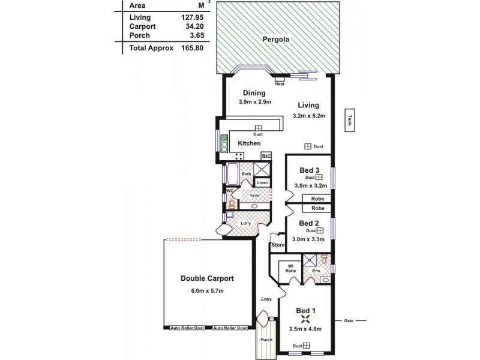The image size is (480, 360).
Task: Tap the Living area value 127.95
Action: click(x=194, y=17)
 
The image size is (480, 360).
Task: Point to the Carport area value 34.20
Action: click(x=194, y=26)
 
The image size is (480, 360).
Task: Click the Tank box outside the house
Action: click(x=349, y=119)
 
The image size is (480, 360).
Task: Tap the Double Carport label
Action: click(x=207, y=278)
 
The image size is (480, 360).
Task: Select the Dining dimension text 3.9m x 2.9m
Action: click(x=254, y=102)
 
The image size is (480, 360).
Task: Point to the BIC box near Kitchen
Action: click(x=267, y=156)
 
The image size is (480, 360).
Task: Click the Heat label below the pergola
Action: click(x=280, y=84)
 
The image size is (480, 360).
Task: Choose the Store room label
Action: click(x=278, y=245)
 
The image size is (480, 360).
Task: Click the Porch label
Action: click(x=266, y=340)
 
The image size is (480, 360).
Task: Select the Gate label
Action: click(x=348, y=320)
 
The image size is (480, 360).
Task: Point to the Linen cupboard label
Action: click(x=262, y=183)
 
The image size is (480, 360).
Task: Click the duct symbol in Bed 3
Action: click(x=320, y=177)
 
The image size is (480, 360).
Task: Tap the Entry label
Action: click(x=266, y=299)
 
